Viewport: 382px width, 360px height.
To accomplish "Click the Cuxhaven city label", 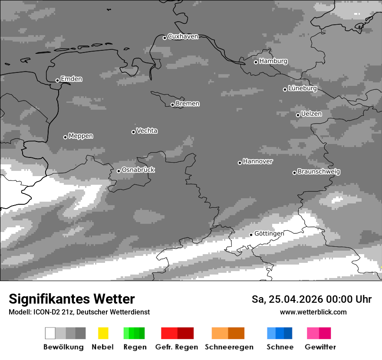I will (x=183, y=36).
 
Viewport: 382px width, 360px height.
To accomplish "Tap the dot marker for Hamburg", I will (x=256, y=62).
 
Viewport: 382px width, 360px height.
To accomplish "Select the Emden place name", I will (x=71, y=79).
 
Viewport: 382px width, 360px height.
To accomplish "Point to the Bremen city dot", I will (x=172, y=105).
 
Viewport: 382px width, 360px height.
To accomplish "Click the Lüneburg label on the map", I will (x=303, y=88).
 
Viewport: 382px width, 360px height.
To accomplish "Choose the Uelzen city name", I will (x=311, y=114).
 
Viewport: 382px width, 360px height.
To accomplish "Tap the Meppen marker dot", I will (x=65, y=137).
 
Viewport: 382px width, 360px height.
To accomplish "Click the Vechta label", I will (x=147, y=131).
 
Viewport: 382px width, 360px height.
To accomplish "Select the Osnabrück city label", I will (x=138, y=170).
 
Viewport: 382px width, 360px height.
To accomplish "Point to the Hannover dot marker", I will (x=240, y=163).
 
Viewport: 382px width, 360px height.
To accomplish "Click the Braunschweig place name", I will (x=319, y=171).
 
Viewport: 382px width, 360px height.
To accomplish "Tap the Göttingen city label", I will (x=269, y=233).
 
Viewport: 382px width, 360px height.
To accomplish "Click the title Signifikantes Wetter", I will (x=72, y=299).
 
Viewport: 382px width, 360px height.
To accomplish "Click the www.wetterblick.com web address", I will (x=313, y=312).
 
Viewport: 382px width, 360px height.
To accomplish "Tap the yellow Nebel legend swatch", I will (x=103, y=333).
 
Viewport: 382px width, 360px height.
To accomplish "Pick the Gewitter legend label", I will (x=320, y=347).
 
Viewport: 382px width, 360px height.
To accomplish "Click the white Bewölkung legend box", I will (x=50, y=333).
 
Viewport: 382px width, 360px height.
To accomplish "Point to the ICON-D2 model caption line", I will (x=79, y=312).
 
